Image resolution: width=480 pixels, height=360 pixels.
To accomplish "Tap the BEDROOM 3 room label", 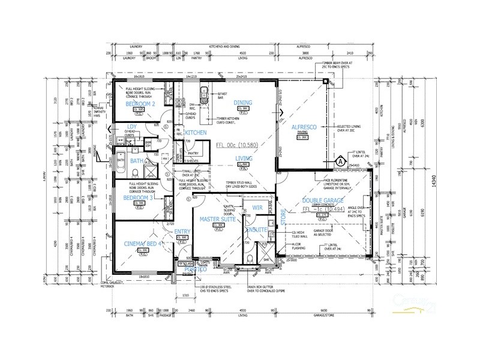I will pos(137,197).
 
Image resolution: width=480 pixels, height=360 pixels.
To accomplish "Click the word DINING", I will pos(243,102).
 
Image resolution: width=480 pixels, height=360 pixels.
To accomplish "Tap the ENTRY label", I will pos(182,231).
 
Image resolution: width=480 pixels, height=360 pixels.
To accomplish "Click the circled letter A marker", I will pos(340,161).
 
